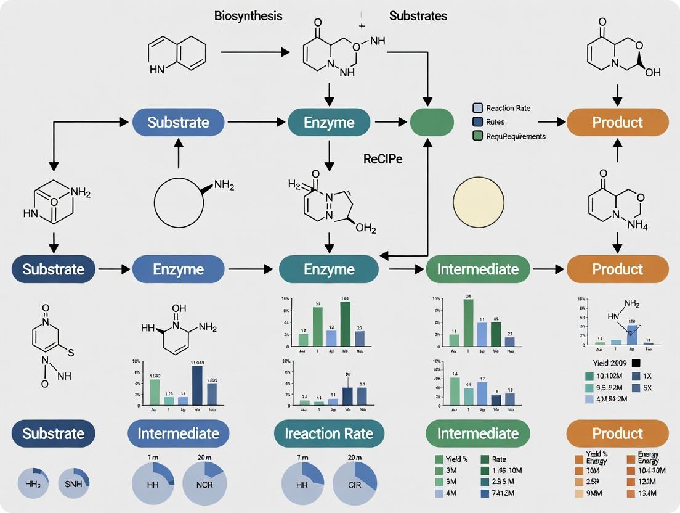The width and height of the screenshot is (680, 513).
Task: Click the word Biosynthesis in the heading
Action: (248, 16)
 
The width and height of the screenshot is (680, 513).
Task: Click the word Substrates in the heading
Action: (418, 16)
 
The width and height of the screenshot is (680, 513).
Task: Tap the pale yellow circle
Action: (478, 203)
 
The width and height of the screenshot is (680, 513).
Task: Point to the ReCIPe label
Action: (382, 159)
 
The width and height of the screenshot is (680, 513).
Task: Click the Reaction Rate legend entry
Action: (508, 108)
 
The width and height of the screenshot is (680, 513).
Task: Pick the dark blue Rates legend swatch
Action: (477, 122)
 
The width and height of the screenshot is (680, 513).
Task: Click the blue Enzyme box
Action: (178, 269)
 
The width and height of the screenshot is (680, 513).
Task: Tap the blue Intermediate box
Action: (178, 433)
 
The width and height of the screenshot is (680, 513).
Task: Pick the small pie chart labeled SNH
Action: (73, 484)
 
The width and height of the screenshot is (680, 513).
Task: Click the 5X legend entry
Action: (647, 388)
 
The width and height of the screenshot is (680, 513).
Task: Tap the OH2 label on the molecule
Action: (365, 229)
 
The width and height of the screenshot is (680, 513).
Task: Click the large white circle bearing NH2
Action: (179, 202)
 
